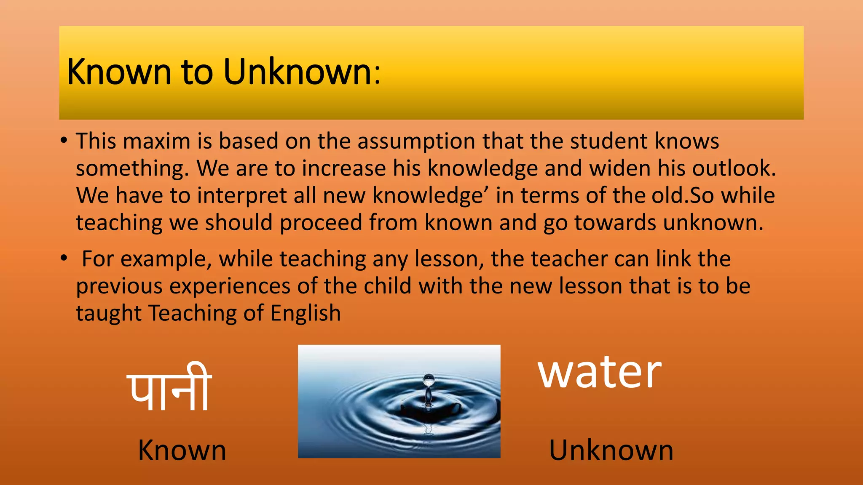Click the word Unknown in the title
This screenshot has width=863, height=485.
[297, 72]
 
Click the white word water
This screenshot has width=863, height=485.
[600, 372]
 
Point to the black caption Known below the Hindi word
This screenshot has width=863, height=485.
[182, 450]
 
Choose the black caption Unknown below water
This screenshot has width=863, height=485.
[611, 450]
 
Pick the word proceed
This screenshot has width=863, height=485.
[321, 223]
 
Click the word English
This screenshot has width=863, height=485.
[306, 314]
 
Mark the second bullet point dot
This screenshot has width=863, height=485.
[64, 258]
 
